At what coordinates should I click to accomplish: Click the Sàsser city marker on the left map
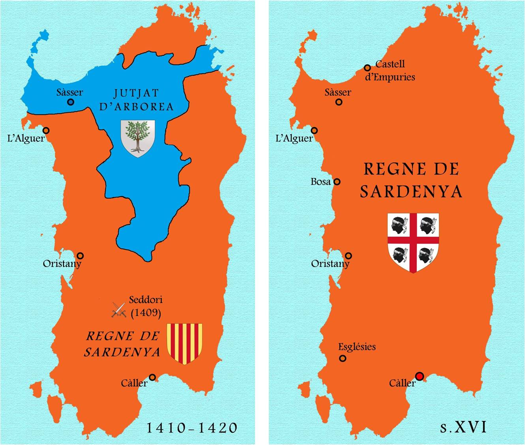[71, 102]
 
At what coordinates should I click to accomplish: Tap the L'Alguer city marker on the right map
[314, 131]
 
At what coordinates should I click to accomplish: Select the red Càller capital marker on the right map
[420, 376]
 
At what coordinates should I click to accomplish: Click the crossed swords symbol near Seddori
[118, 310]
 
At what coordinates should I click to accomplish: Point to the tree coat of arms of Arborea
[137, 138]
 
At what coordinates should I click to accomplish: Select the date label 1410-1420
[192, 428]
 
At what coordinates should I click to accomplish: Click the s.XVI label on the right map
[463, 427]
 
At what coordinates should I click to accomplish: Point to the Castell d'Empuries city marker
[367, 68]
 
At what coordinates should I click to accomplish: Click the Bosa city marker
[337, 182]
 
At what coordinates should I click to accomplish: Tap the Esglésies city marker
[343, 359]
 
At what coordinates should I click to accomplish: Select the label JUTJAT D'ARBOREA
[136, 100]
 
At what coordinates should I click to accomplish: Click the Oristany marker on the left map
[80, 256]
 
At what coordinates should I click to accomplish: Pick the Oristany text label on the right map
[330, 264]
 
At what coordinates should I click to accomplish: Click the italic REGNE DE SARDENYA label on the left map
[122, 344]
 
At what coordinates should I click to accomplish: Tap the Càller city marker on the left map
[152, 377]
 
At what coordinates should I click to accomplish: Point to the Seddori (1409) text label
[145, 306]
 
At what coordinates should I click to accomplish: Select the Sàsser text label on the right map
[337, 92]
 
